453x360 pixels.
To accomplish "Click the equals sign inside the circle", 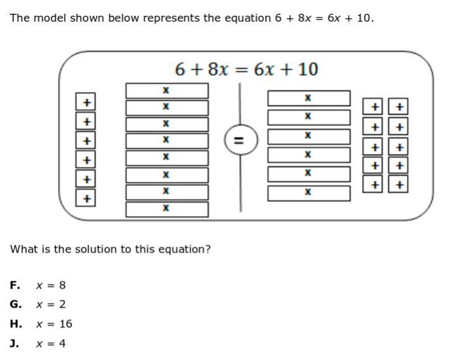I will tap(239, 140).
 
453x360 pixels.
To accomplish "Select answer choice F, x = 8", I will tap(50, 285).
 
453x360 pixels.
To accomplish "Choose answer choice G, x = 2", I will tap(50, 304).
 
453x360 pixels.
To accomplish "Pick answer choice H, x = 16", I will tap(54, 324).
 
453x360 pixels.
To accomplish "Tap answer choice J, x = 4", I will tap(50, 344).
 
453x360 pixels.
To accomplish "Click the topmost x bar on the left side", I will tap(166, 90).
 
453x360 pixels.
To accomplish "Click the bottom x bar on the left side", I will tap(166, 209).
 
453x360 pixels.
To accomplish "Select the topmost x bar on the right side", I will tap(308, 98).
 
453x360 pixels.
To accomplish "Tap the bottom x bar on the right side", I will tap(308, 193).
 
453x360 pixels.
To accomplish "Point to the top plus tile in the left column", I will tap(86, 102).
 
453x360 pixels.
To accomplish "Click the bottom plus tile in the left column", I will tap(86, 198).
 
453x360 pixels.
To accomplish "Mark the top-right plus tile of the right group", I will tap(399, 107).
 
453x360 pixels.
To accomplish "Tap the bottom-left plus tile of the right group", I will tap(373, 185).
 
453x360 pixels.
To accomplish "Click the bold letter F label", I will tap(14, 285).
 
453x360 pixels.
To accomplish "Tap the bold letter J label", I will tap(14, 344).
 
